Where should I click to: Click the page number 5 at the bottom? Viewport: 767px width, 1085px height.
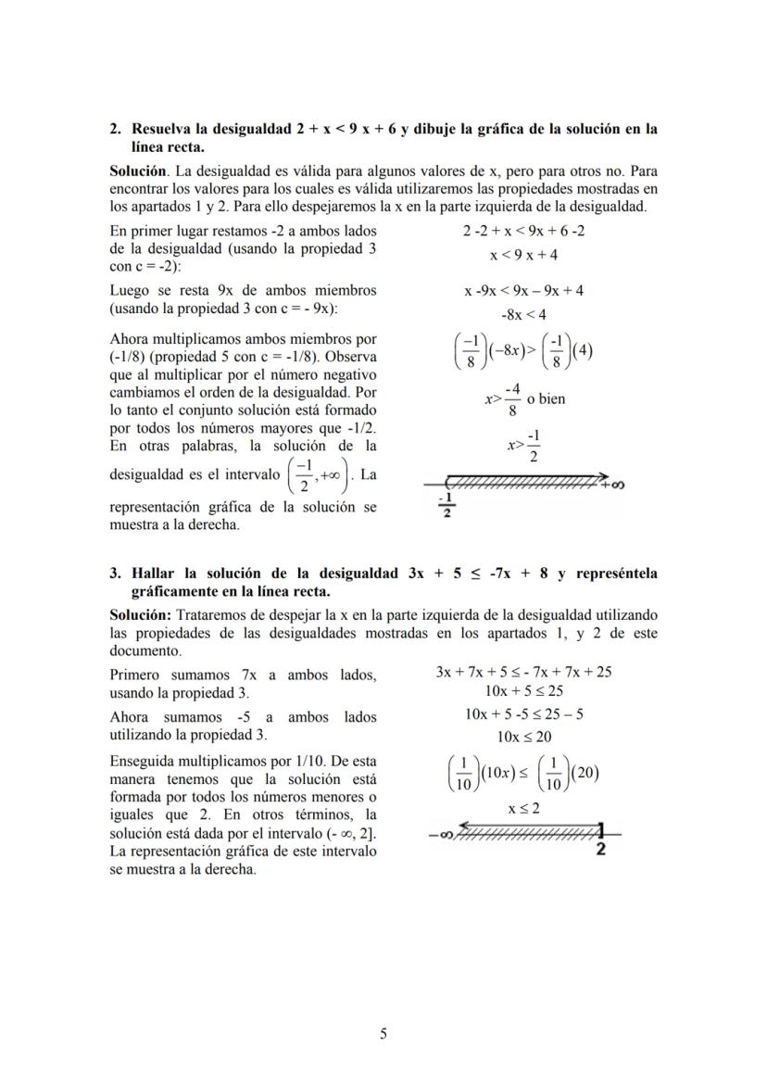[x=383, y=1034]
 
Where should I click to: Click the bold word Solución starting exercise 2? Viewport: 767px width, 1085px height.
[x=137, y=172]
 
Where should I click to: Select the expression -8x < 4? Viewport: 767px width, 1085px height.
[x=523, y=314]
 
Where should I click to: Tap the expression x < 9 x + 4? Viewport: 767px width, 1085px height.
[x=523, y=255]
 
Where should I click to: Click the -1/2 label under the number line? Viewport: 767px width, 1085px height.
[x=446, y=507]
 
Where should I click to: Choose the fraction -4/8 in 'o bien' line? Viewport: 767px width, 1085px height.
[x=511, y=400]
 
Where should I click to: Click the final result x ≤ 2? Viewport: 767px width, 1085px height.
[x=523, y=807]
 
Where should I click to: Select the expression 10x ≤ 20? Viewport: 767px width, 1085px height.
[x=524, y=737]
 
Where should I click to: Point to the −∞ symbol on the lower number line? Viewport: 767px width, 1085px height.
[x=441, y=834]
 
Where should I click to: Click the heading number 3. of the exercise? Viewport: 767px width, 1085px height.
[x=116, y=574]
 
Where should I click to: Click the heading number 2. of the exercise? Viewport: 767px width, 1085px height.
[x=116, y=130]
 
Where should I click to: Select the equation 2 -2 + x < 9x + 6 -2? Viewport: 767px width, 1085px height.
[x=523, y=231]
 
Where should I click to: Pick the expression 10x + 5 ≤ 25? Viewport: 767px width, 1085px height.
[x=524, y=690]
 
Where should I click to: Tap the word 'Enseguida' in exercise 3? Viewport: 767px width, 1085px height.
[x=142, y=760]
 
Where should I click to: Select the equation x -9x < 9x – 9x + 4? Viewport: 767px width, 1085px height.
[x=523, y=290]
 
